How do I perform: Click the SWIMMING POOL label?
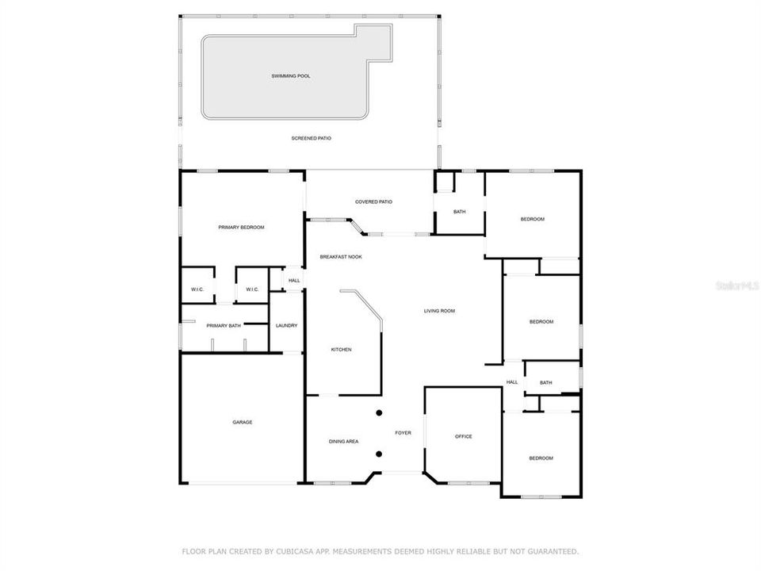[x=291, y=76]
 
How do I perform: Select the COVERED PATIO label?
[x=374, y=201]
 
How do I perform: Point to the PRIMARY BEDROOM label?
[x=241, y=228]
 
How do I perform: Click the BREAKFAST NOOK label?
[x=341, y=257]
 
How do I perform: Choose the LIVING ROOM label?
[x=438, y=311]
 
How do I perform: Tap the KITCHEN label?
[x=341, y=350]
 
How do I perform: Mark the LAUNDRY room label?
[x=286, y=326]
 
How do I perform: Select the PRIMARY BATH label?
[x=224, y=326]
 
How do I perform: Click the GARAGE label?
[x=243, y=422]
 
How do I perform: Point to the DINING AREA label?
[x=343, y=441]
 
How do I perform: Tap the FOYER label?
[x=403, y=433]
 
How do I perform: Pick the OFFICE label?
[x=464, y=437]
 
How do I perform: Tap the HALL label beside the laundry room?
[x=294, y=281]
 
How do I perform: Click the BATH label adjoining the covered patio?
[x=460, y=212]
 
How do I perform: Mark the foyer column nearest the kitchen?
[x=379, y=412]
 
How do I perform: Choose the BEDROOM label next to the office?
[x=541, y=458]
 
